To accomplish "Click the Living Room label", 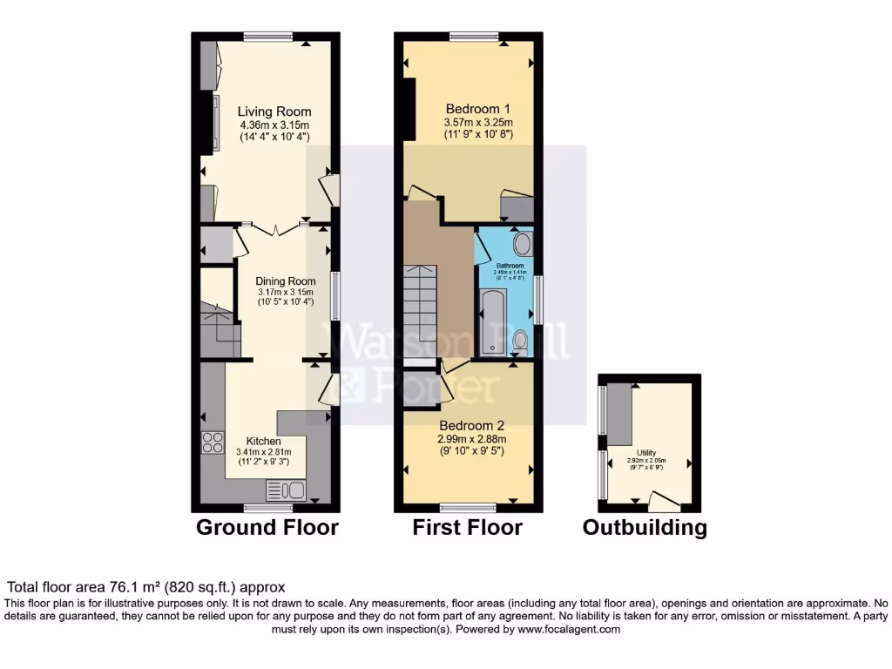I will pyautogui.click(x=274, y=111).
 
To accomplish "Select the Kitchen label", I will pyautogui.click(x=263, y=441).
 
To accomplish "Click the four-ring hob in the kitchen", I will pyautogui.click(x=212, y=443).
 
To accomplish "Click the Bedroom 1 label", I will pyautogui.click(x=478, y=110).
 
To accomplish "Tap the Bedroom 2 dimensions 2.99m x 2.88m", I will pyautogui.click(x=471, y=439).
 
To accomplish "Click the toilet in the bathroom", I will pyautogui.click(x=520, y=342).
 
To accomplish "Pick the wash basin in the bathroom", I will pyautogui.click(x=523, y=244).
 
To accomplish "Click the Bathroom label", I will pyautogui.click(x=510, y=266).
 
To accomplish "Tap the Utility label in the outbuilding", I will pyautogui.click(x=646, y=453).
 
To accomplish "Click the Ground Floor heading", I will pyautogui.click(x=267, y=527).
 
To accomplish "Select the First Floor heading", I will pyautogui.click(x=467, y=527).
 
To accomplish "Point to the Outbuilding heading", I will pyautogui.click(x=645, y=527).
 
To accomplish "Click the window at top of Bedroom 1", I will pyautogui.click(x=474, y=37).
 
